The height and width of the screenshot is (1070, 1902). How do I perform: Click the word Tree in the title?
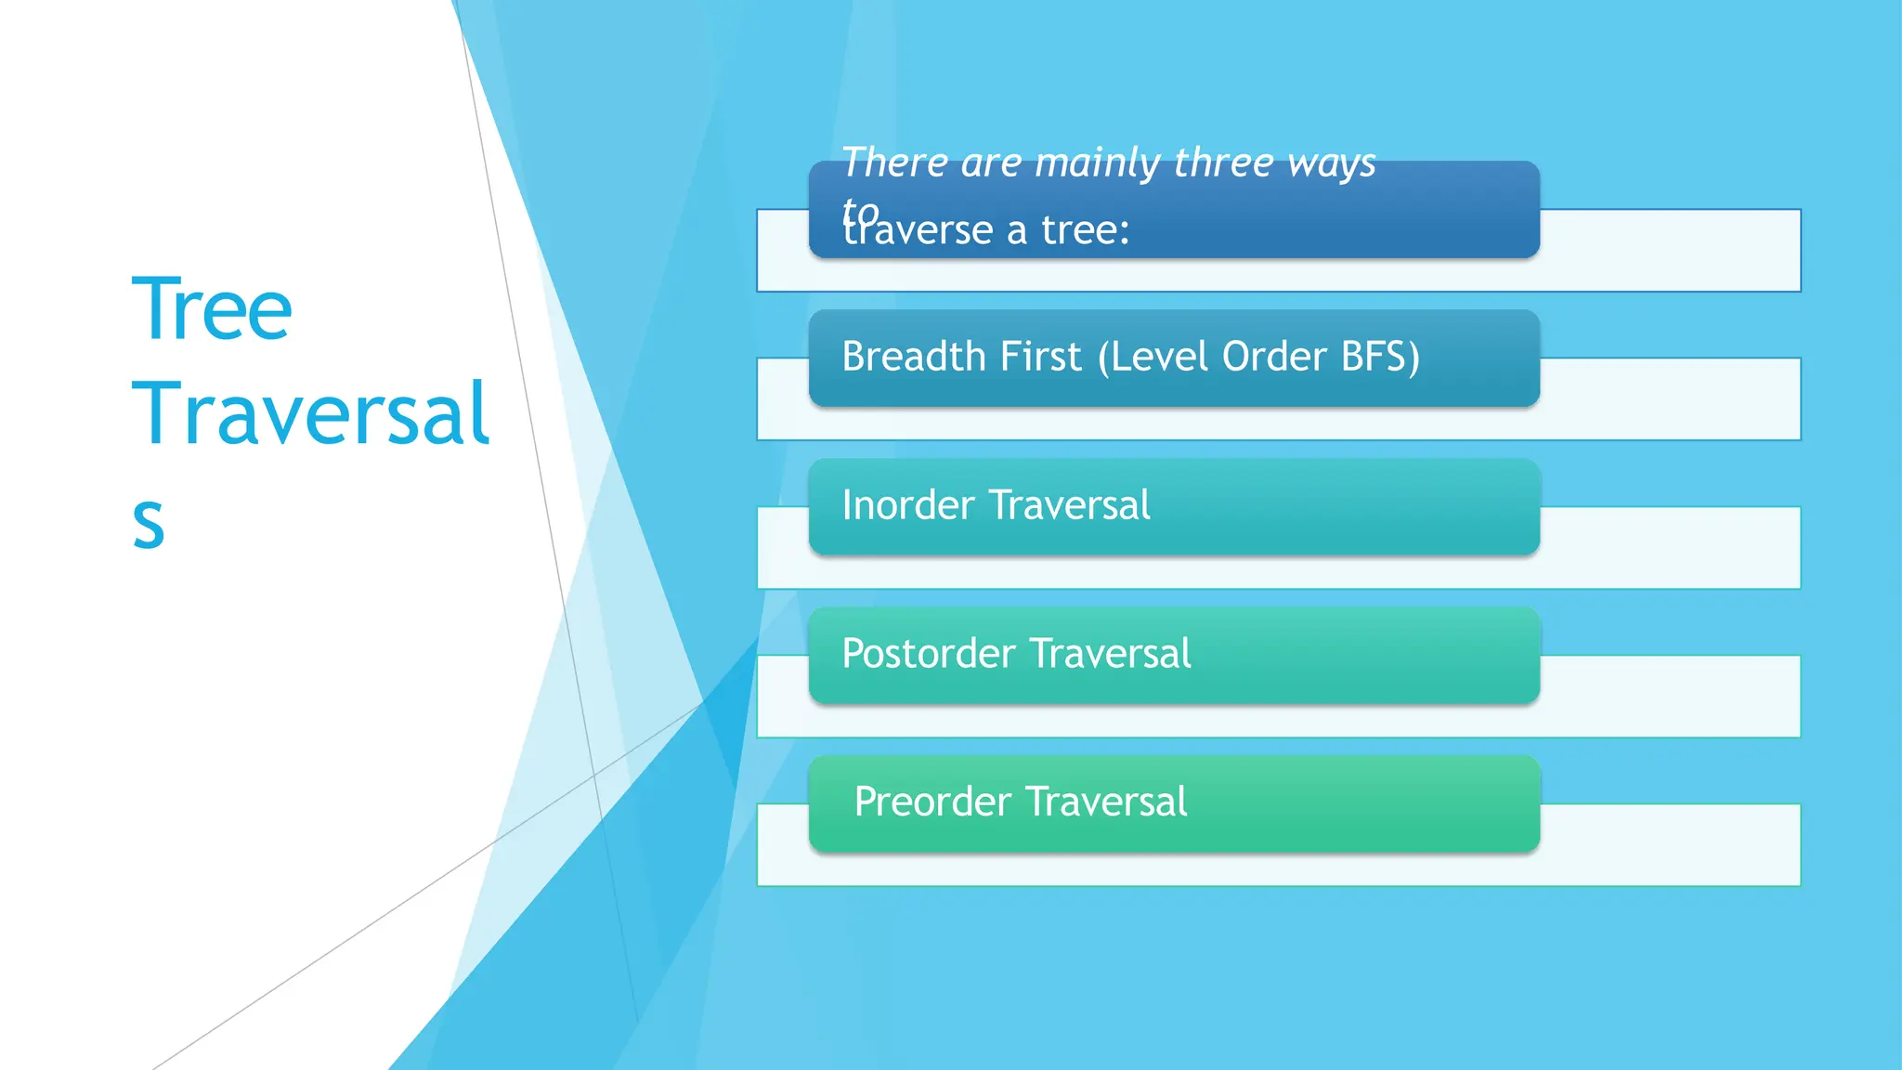point(212,310)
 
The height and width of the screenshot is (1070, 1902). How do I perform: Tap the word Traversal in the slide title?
point(310,414)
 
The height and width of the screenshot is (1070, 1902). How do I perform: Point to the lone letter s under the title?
point(149,522)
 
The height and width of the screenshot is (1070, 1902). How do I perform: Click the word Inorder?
point(908,505)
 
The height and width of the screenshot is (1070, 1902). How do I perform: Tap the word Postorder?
point(929,654)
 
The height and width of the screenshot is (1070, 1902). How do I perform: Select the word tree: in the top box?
point(1085,230)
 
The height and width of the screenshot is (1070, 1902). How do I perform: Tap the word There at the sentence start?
point(894,163)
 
